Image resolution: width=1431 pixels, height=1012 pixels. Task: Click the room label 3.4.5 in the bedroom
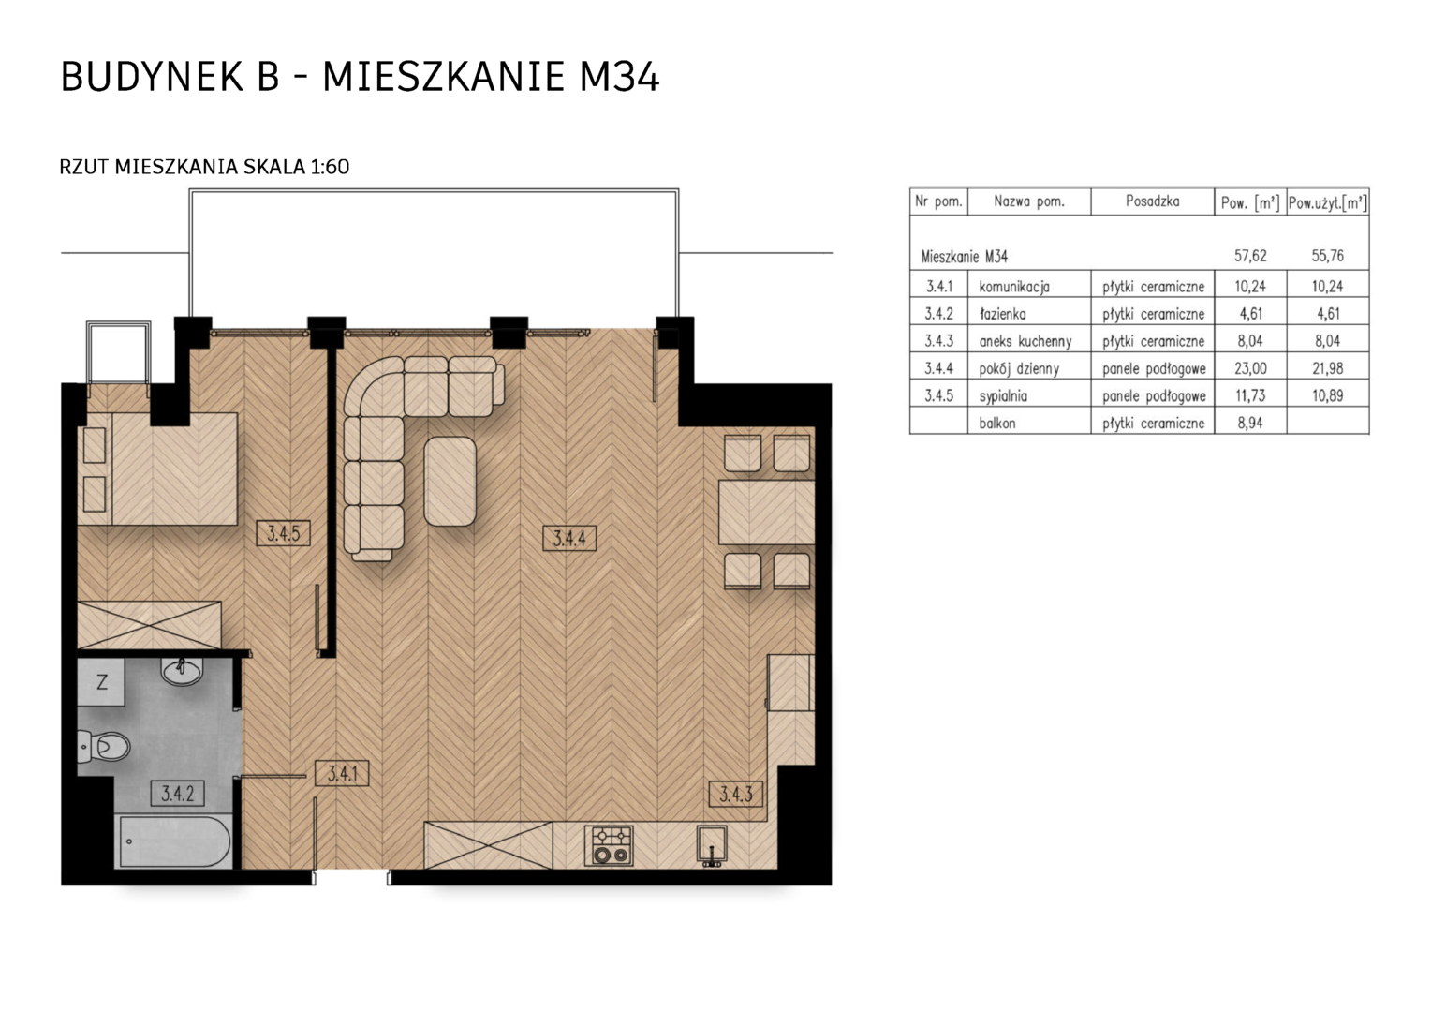pyautogui.click(x=283, y=533)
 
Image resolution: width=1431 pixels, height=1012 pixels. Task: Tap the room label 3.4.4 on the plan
pyautogui.click(x=569, y=538)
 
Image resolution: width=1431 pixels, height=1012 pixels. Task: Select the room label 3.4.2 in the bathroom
pyautogui.click(x=178, y=794)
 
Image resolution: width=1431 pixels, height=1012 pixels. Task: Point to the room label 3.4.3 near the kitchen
pyautogui.click(x=736, y=794)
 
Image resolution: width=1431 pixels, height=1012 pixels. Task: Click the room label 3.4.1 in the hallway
pyautogui.click(x=342, y=774)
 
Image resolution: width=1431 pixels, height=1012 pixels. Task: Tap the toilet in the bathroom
pyautogui.click(x=104, y=746)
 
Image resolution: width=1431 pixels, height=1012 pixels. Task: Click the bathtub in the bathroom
pyautogui.click(x=174, y=841)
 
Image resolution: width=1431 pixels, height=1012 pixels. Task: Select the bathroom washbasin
pyautogui.click(x=182, y=671)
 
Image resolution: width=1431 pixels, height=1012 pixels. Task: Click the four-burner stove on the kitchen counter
pyautogui.click(x=610, y=845)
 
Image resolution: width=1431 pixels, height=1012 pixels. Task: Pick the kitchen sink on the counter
pyautogui.click(x=712, y=845)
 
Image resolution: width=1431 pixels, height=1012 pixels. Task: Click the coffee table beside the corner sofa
pyautogui.click(x=450, y=481)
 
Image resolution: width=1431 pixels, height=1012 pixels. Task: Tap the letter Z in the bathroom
pyautogui.click(x=102, y=683)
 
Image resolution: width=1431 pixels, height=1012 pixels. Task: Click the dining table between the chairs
pyautogui.click(x=767, y=512)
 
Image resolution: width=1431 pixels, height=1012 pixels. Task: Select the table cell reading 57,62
pyautogui.click(x=1249, y=256)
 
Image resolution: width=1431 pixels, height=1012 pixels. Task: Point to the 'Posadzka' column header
pyautogui.click(x=1153, y=201)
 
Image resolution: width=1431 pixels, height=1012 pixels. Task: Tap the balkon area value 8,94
pyautogui.click(x=1249, y=423)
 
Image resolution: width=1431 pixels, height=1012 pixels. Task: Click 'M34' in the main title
pyautogui.click(x=618, y=77)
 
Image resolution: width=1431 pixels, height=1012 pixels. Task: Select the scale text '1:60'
pyautogui.click(x=330, y=167)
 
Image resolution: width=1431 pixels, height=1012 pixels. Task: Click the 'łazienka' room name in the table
pyautogui.click(x=1002, y=314)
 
